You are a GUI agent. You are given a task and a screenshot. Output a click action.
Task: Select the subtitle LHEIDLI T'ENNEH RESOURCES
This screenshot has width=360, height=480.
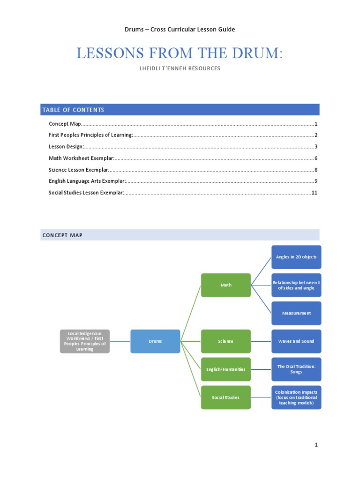point(180,68)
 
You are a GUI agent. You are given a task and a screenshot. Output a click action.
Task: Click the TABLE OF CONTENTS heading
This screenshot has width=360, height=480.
point(73,110)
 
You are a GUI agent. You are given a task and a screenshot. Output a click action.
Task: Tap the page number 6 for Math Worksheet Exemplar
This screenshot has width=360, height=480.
point(316,158)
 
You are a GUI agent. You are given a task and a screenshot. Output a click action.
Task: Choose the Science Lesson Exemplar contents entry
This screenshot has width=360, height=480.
point(79,170)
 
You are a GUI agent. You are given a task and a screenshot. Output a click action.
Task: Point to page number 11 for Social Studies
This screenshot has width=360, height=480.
point(315,193)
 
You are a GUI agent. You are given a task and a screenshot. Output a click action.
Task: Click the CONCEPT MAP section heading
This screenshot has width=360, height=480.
point(62,235)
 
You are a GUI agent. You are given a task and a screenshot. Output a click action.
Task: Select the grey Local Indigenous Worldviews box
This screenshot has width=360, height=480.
point(85,341)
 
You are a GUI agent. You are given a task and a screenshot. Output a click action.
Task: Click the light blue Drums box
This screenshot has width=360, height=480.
point(155,341)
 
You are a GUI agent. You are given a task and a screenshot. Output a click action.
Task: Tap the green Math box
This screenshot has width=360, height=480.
point(226,285)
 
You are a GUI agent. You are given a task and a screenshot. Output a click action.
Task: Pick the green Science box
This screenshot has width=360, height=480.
point(226,341)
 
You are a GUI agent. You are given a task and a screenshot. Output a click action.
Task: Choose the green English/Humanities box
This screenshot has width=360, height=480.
point(226,369)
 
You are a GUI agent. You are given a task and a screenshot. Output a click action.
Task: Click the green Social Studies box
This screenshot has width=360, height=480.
point(226,397)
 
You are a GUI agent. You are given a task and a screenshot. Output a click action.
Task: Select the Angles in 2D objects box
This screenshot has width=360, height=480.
point(296,257)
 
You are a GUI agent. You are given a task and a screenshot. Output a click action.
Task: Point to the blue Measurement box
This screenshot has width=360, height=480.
point(296,313)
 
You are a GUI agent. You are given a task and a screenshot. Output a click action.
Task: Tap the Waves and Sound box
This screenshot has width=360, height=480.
point(296,341)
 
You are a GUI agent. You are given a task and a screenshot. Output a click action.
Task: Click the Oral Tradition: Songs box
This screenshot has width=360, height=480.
point(296,369)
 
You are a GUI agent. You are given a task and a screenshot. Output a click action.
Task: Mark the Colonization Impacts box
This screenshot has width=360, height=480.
point(296,397)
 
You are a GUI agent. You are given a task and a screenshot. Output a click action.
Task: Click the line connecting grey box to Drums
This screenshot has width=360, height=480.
point(120,341)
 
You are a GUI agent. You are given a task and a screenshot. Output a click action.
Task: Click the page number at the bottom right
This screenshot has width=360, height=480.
point(316,445)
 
